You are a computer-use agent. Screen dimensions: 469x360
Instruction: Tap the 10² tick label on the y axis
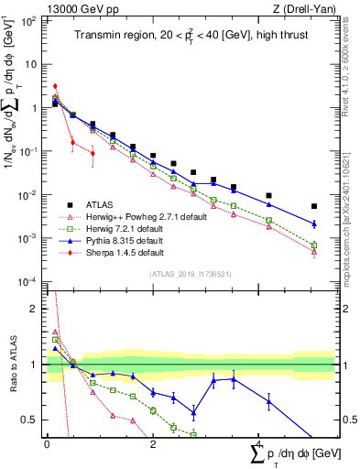click(x=27, y=21)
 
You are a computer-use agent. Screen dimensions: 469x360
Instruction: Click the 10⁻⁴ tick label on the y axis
click(x=27, y=281)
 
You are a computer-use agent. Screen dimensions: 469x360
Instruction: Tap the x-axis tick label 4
click(x=258, y=442)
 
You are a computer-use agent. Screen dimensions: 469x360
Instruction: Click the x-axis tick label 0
click(x=47, y=442)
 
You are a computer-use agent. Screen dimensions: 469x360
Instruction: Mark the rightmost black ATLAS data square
click(x=314, y=206)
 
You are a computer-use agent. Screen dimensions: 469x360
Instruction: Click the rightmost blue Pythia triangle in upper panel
click(x=314, y=224)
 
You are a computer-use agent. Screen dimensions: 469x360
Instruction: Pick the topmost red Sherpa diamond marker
click(x=55, y=86)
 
